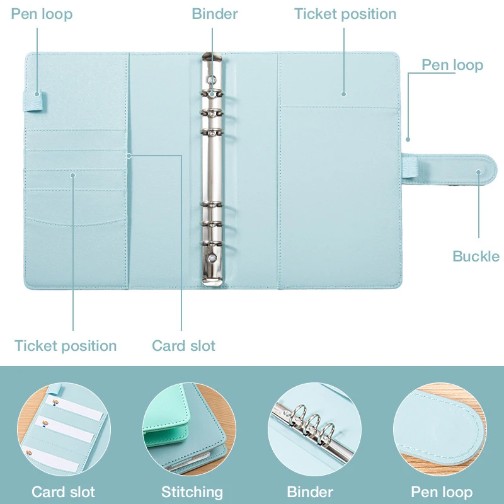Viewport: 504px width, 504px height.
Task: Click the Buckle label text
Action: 476,256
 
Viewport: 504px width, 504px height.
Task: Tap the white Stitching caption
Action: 192,491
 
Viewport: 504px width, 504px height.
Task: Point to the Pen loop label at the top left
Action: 42,14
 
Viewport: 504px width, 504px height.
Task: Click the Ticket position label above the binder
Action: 345,14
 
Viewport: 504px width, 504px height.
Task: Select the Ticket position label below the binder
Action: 66,345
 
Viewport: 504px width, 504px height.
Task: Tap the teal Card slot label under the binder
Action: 183,345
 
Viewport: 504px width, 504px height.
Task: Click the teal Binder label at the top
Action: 215,14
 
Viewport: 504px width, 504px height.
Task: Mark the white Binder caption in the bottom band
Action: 310,491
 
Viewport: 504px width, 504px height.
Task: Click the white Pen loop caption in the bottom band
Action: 442,491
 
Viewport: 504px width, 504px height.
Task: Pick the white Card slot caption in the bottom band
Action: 64,491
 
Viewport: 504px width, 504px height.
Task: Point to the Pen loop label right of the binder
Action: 452,65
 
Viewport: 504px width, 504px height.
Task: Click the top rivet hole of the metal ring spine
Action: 212,80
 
